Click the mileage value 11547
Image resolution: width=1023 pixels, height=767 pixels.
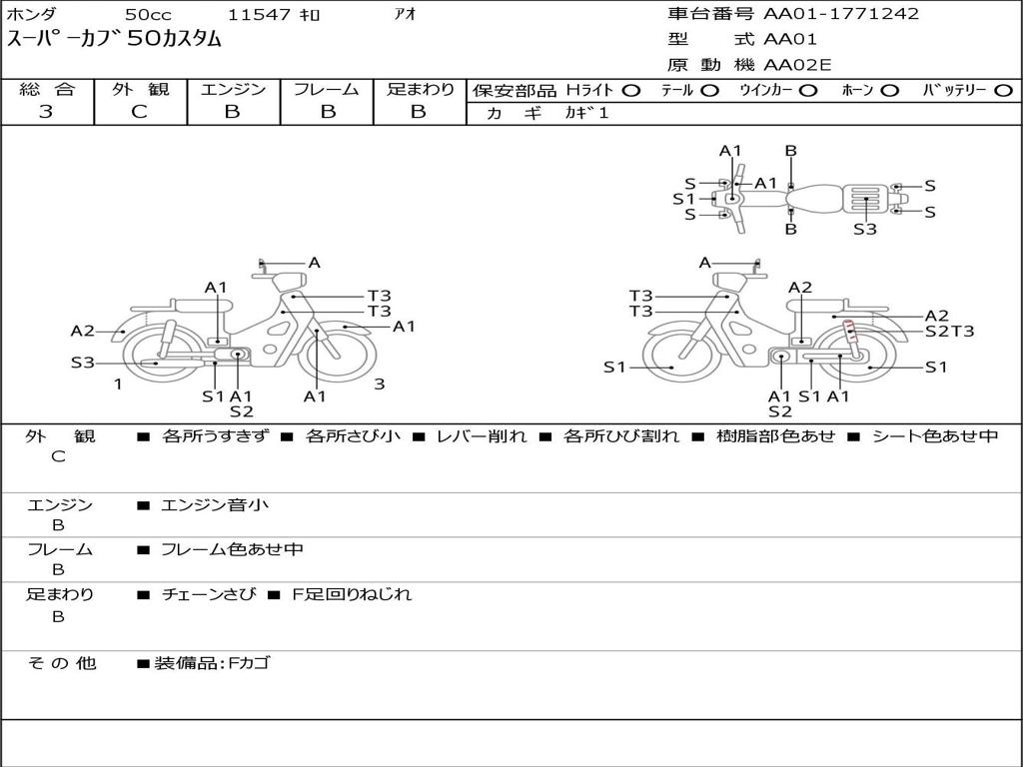point(259,15)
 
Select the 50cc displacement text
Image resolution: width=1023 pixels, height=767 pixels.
point(147,15)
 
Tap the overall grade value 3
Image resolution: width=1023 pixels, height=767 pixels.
point(46,112)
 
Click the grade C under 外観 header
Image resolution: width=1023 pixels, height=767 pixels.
point(140,112)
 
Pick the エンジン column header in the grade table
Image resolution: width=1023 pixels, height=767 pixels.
point(233,89)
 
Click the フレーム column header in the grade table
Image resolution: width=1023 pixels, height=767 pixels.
point(326,89)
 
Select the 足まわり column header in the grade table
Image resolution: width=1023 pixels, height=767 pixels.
point(420,89)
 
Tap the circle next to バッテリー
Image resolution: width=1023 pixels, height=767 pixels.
point(1004,90)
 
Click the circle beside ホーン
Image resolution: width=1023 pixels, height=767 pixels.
point(890,90)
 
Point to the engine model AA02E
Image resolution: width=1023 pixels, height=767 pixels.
point(797,66)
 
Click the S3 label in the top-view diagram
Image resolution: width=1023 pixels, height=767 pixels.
point(865,229)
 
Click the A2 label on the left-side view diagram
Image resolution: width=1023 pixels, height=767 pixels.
point(82,332)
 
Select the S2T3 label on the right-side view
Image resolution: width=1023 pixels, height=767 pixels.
point(949,332)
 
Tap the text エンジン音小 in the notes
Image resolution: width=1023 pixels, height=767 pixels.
point(215,505)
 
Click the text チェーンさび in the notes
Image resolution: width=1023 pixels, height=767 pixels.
point(208,594)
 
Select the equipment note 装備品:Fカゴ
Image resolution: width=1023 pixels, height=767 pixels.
point(212,663)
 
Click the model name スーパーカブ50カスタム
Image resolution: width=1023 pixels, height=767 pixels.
point(115,40)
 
